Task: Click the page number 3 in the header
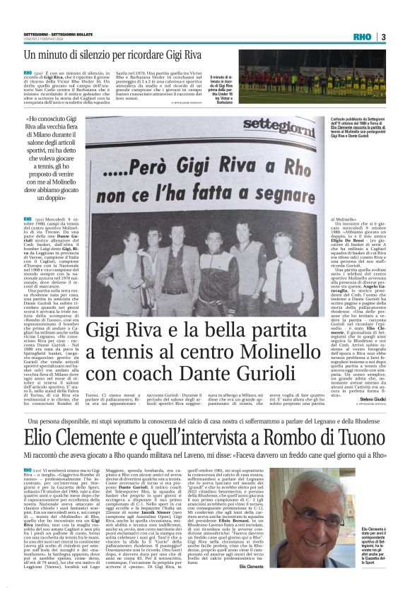click(x=382, y=37)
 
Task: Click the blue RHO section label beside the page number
click(x=364, y=37)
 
